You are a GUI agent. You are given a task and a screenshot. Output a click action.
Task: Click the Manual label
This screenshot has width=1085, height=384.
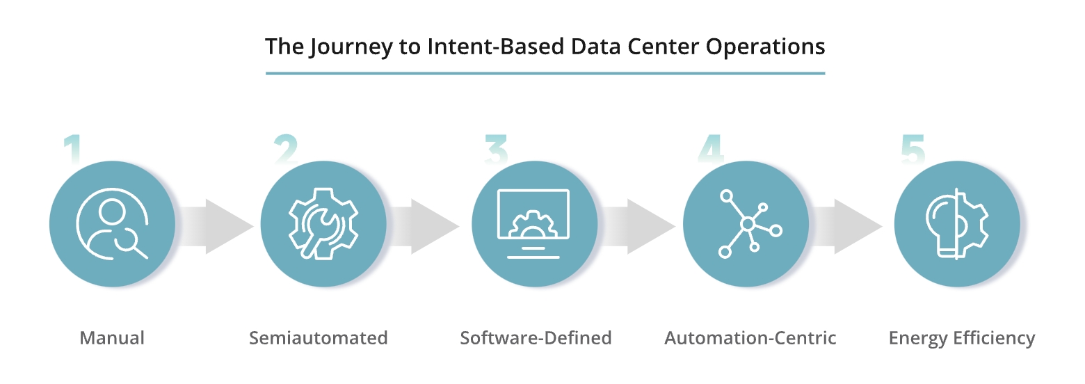pos(112,338)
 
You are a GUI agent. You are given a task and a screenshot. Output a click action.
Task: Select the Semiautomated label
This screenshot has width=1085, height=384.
pos(318,338)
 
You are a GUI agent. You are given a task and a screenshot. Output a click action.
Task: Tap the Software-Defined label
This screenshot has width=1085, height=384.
pos(536,338)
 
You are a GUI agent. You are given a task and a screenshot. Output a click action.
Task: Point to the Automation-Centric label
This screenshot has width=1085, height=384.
pos(750,338)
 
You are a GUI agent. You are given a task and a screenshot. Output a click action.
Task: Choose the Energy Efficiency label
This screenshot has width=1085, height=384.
pos(962,338)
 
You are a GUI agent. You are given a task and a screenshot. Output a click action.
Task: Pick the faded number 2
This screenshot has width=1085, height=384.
pos(285,148)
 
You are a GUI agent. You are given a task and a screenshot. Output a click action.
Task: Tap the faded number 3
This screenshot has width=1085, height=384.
pos(496,148)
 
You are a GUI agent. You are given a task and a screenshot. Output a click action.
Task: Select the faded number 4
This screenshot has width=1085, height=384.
pos(710,148)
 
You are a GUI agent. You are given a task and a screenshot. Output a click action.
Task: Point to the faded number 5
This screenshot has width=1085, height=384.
pos(913,148)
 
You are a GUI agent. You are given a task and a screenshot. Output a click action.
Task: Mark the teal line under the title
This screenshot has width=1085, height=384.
pos(545,73)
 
